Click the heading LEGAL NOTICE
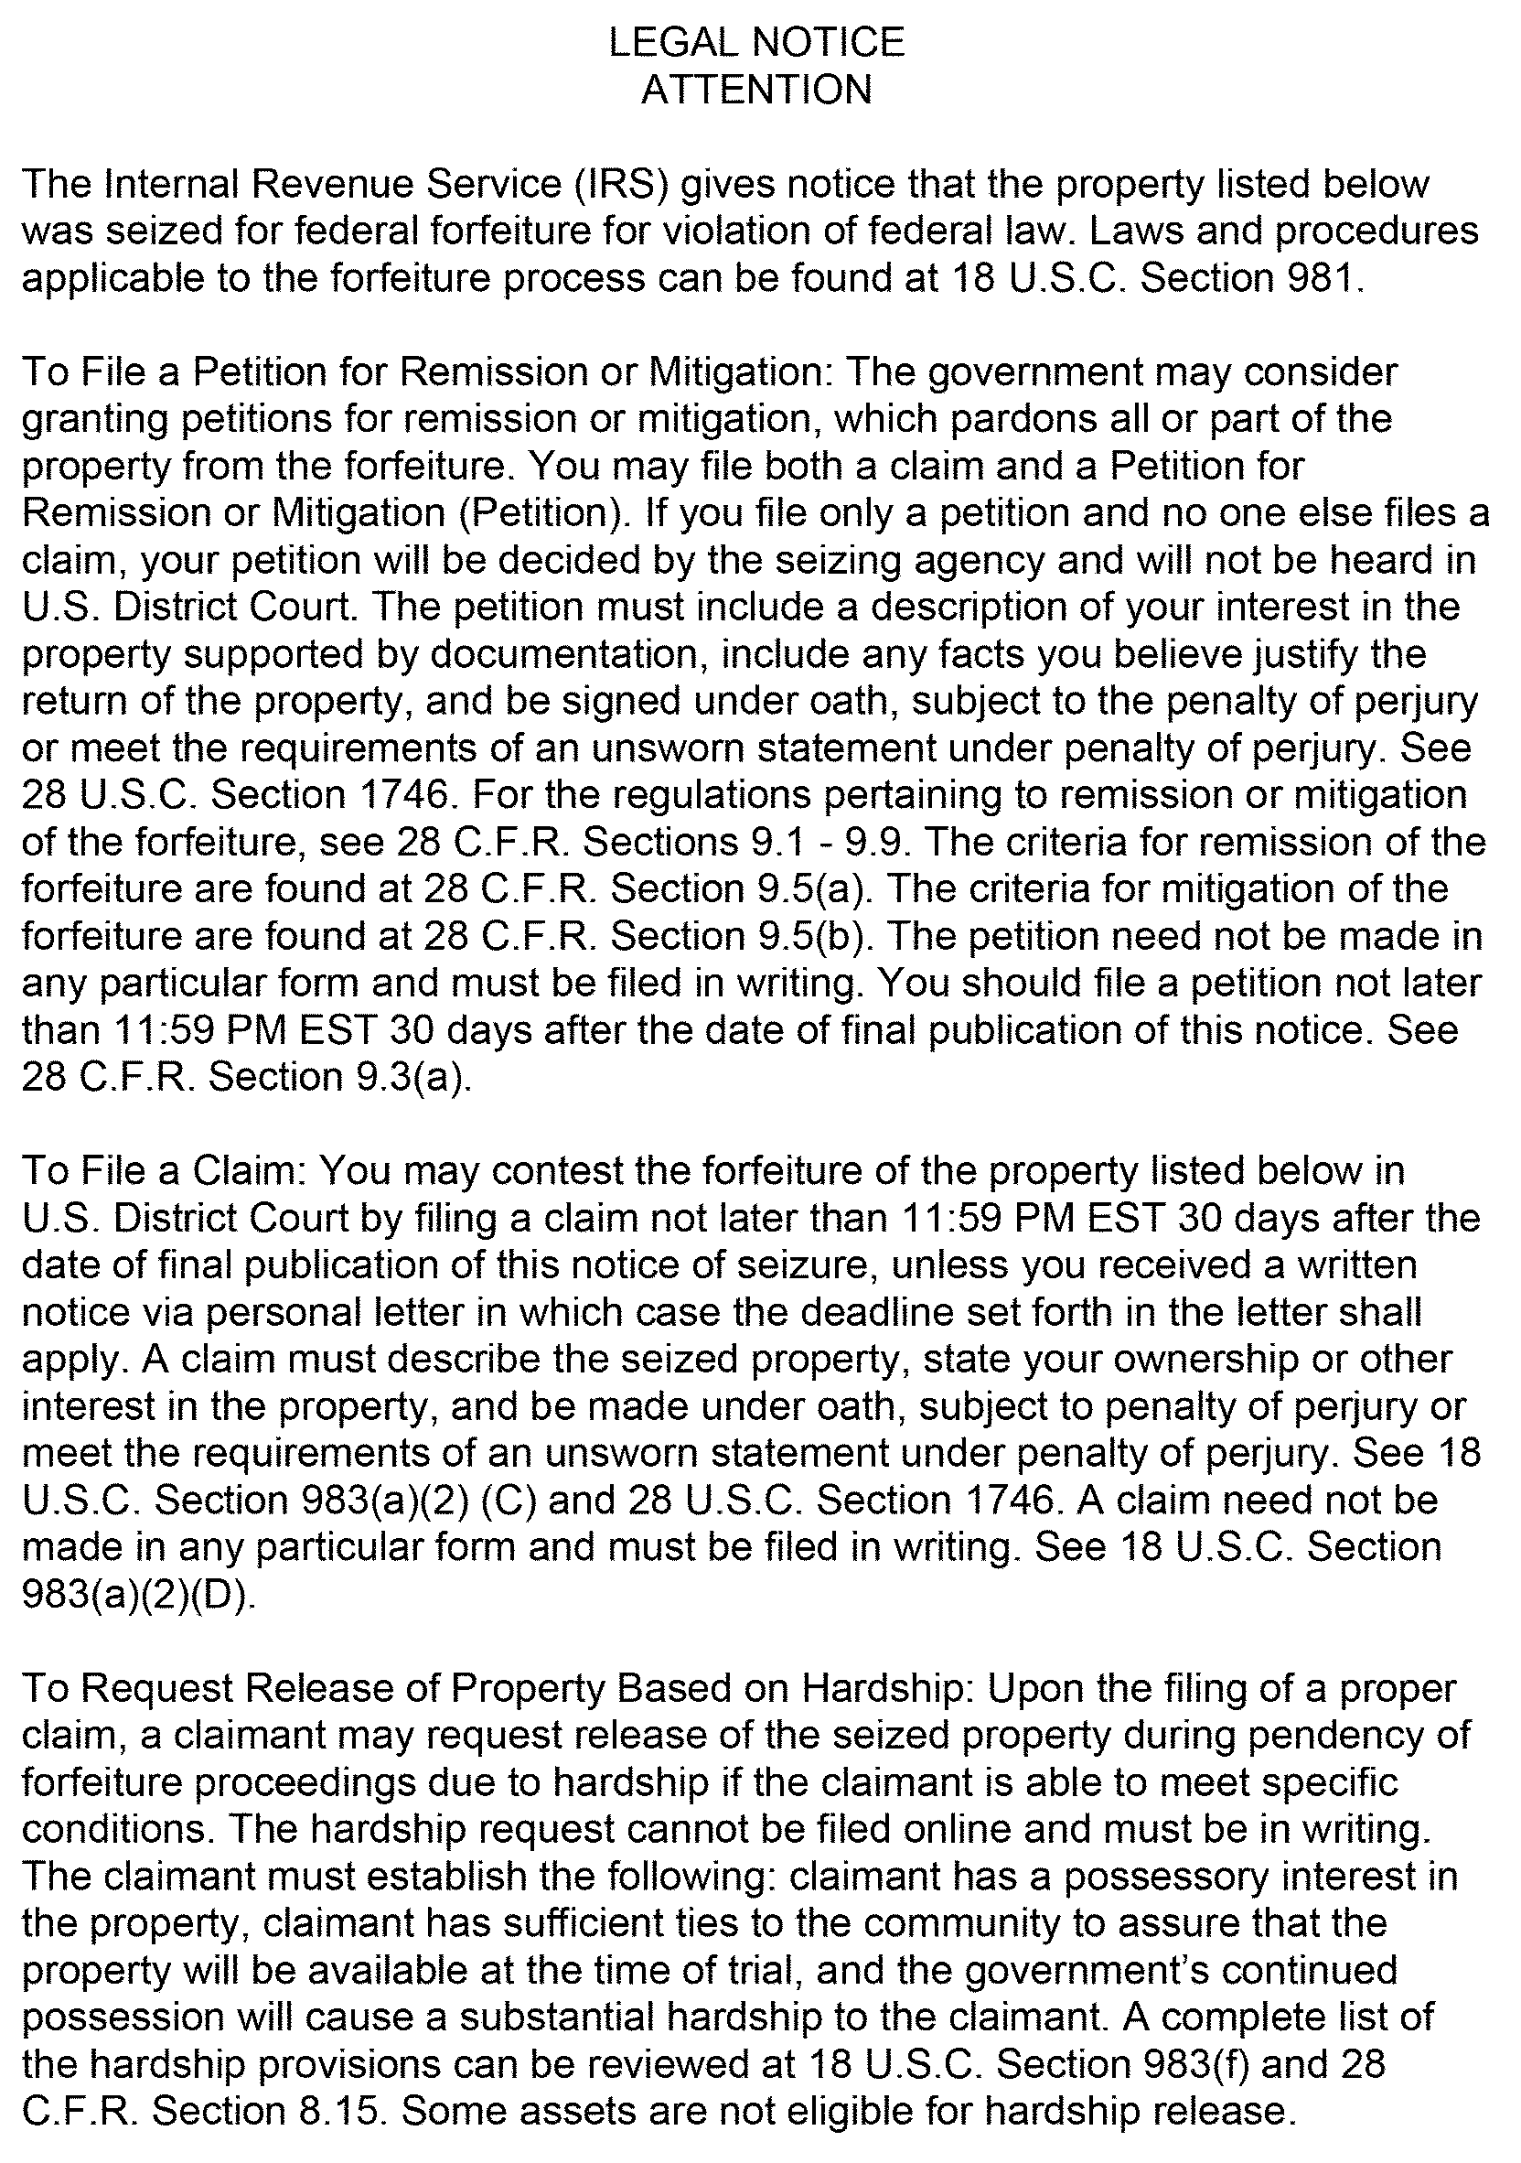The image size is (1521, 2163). click(756, 42)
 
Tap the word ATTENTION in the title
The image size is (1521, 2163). click(756, 90)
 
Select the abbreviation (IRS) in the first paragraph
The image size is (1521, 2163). click(622, 184)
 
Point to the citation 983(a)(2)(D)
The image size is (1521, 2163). click(136, 1594)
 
